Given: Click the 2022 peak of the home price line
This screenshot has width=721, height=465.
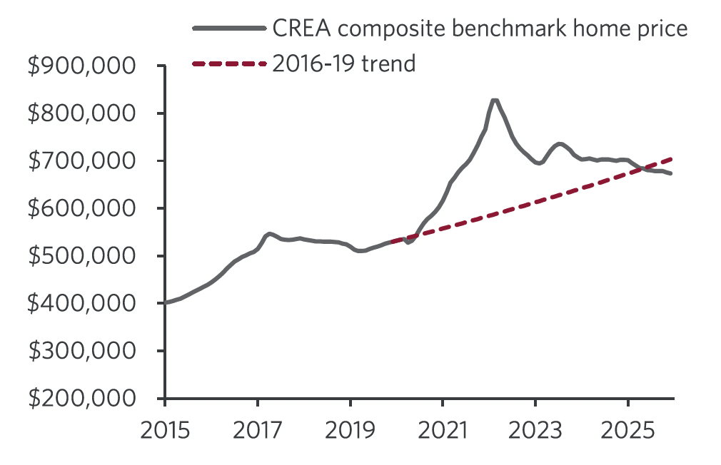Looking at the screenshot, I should pos(494,101).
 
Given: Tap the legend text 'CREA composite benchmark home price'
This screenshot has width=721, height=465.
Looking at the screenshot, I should pos(480,29).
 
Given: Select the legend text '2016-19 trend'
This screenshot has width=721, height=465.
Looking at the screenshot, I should pos(343,63).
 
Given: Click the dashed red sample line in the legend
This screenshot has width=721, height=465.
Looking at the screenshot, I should pos(229,64).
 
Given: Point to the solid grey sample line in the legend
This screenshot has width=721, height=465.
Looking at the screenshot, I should pos(229,29).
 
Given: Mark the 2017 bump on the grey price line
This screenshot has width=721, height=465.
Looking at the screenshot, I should pos(268,234).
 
